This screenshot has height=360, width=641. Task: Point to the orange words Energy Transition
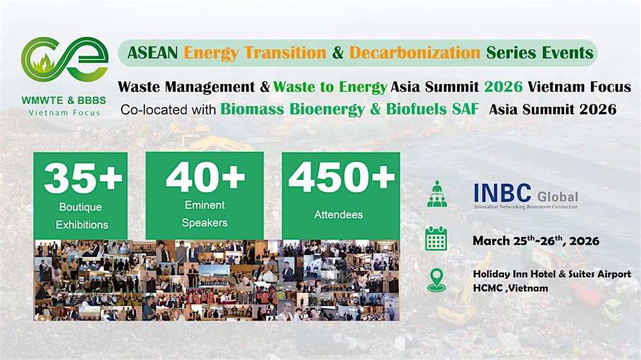pos(255,53)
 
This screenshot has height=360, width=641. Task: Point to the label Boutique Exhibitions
pos(82,217)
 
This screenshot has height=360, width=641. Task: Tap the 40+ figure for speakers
pos(204,179)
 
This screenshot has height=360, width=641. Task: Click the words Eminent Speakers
pos(204,214)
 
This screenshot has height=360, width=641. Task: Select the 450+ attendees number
pos(341,179)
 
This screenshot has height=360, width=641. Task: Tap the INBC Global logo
pos(525,196)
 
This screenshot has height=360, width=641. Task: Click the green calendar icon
pos(437,240)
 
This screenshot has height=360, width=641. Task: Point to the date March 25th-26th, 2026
pos(536,241)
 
